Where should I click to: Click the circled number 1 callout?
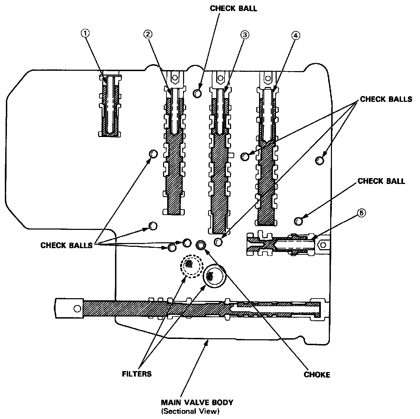click(85, 33)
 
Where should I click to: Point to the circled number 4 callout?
click(296, 35)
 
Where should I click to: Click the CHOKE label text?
click(317, 374)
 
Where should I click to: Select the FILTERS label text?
click(137, 374)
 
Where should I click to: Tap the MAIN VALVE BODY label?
click(197, 402)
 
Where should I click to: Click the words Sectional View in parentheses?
click(190, 411)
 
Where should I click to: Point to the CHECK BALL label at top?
click(233, 8)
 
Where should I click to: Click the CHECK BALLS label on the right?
click(386, 99)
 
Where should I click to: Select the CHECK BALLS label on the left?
click(66, 245)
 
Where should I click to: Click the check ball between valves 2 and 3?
click(197, 93)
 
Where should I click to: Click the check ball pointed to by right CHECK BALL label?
click(299, 221)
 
